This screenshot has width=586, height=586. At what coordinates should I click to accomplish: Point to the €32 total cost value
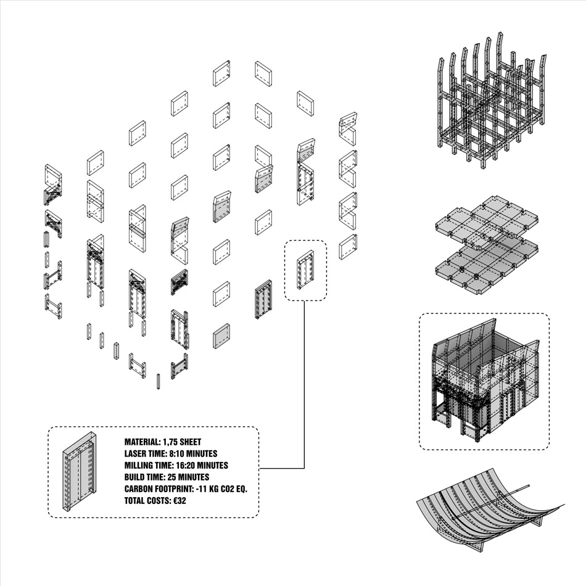click(180, 500)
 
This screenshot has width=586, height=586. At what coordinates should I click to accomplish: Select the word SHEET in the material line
click(191, 442)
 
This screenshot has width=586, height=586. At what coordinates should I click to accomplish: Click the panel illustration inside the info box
click(79, 472)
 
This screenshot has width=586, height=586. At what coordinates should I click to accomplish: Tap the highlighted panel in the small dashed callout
click(306, 270)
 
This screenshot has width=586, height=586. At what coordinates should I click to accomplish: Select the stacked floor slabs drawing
click(487, 245)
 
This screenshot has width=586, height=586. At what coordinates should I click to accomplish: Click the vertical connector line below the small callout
click(304, 385)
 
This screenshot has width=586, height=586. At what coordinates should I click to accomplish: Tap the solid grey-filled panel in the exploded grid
click(221, 336)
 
